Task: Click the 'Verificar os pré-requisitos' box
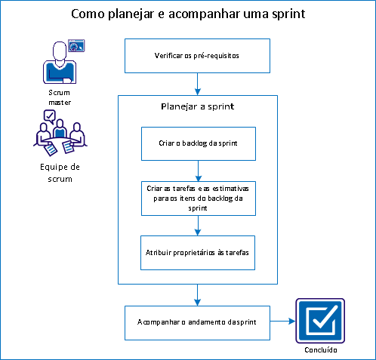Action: coord(198,56)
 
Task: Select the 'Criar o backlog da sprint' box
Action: coord(198,143)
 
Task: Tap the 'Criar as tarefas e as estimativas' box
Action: coord(198,198)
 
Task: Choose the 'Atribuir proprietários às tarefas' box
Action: coord(198,252)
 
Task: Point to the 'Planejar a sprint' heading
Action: coord(198,106)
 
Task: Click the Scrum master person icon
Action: coord(57,63)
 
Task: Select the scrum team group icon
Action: coord(57,133)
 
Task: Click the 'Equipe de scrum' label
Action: coord(57,173)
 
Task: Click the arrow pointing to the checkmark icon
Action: coord(282,321)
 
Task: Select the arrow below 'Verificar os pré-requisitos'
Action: coord(198,83)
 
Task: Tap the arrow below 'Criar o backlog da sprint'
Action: coord(198,169)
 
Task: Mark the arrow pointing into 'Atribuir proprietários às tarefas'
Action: coord(198,226)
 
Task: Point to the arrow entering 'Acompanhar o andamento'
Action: coord(198,294)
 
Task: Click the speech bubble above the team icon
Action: coord(50,115)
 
